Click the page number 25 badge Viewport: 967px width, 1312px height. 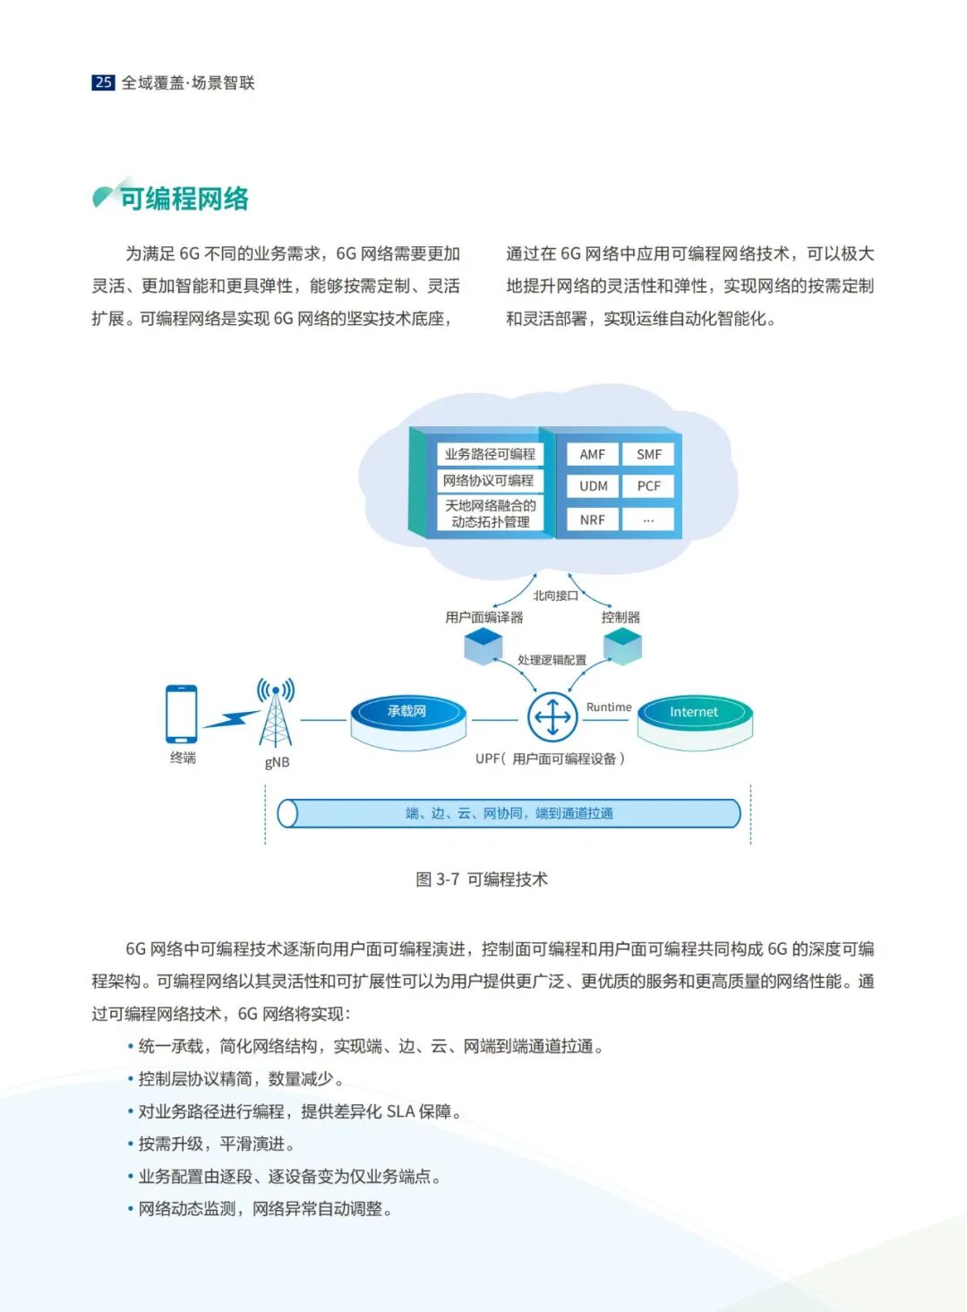103,82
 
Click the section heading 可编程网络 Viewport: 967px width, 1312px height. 184,198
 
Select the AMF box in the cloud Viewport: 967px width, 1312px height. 592,454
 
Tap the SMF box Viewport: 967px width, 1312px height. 649,454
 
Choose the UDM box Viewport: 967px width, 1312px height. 593,486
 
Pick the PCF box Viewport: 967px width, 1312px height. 649,486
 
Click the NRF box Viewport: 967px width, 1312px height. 592,519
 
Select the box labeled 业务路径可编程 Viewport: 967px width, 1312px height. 490,454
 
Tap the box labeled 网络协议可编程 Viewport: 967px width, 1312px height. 489,481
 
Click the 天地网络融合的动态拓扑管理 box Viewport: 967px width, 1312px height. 491,513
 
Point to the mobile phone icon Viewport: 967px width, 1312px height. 181,714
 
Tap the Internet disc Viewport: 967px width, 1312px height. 694,714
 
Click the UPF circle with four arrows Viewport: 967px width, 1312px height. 552,716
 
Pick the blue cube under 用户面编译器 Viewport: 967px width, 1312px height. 483,645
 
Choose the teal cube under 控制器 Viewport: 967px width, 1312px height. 622,645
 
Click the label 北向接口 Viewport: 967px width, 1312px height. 555,596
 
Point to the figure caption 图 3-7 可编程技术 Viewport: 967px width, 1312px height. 482,879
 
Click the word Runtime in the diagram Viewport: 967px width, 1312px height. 609,707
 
